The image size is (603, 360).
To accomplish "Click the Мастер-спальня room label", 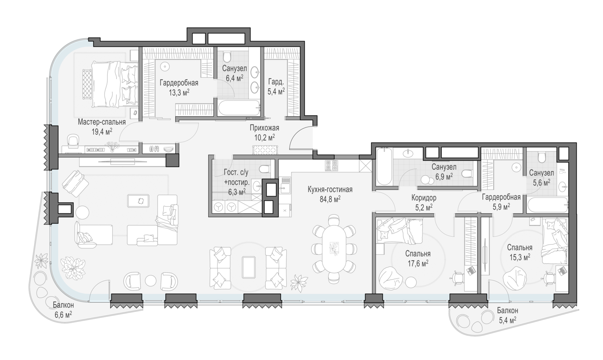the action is click(x=102, y=122).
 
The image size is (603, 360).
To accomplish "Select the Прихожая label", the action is click(x=265, y=128).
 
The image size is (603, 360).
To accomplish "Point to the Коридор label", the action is click(x=424, y=198).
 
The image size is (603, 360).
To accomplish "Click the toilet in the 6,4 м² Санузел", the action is click(x=228, y=57).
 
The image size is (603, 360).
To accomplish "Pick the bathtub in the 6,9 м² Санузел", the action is click(x=383, y=166).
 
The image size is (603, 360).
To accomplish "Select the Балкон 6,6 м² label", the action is click(x=64, y=310).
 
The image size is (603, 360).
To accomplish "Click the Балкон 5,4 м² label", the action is click(x=507, y=315).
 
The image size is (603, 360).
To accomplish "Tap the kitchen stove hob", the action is click(x=331, y=166).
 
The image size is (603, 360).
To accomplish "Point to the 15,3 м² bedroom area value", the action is click(x=519, y=257).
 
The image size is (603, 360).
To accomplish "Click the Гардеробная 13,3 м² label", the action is click(x=179, y=88).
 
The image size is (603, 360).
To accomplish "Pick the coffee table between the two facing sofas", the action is click(x=248, y=267).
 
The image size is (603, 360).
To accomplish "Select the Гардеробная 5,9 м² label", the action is click(x=501, y=202).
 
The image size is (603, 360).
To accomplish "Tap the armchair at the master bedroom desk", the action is click(x=73, y=141).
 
